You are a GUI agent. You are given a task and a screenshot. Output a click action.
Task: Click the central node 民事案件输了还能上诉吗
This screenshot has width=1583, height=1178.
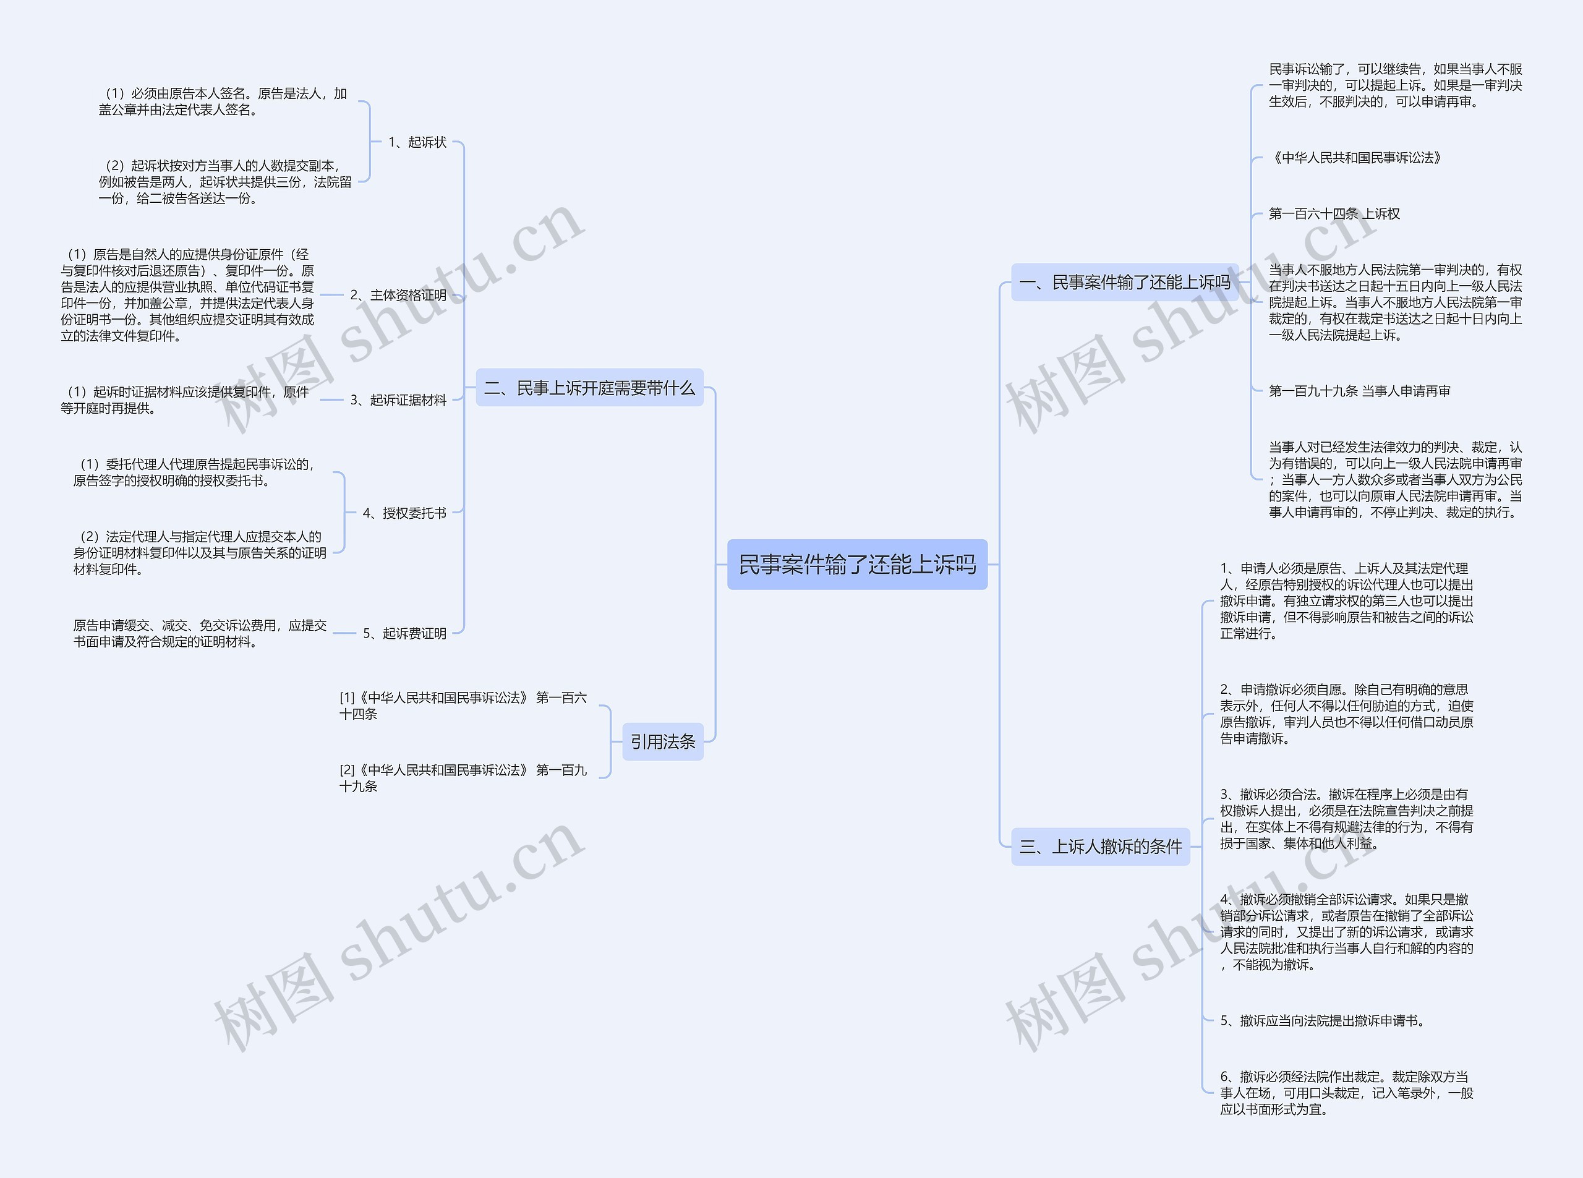coord(856,565)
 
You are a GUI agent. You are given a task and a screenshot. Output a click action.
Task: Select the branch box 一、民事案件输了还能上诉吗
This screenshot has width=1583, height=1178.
coord(1125,283)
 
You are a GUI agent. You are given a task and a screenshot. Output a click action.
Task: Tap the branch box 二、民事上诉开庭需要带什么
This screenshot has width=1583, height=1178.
coord(589,388)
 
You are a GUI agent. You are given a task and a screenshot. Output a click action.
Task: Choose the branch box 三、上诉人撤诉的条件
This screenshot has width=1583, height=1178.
coord(1100,847)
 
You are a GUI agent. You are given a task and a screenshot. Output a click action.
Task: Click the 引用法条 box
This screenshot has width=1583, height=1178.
coord(662,741)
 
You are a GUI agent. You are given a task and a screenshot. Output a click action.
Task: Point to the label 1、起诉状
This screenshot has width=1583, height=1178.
coord(417,142)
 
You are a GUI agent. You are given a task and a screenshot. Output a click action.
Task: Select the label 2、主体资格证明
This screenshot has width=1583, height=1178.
coord(398,294)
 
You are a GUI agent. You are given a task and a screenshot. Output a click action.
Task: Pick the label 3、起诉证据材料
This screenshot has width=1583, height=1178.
coord(398,400)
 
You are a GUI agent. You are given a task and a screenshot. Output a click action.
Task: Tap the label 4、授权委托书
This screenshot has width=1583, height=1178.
coord(404,513)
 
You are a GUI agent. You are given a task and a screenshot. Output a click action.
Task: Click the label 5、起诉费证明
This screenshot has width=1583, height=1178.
coord(404,633)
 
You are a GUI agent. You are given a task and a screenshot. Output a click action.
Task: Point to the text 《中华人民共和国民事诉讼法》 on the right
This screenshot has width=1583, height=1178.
coord(1355,158)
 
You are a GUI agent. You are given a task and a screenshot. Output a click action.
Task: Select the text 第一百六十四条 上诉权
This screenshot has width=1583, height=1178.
coord(1333,214)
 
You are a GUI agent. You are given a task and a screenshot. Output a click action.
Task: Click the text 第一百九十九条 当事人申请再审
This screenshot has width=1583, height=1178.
coord(1359,391)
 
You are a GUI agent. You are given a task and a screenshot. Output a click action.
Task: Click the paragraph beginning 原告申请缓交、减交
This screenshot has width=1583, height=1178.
coord(200,633)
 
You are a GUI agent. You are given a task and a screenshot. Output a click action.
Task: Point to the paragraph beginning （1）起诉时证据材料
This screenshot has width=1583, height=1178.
coord(185,400)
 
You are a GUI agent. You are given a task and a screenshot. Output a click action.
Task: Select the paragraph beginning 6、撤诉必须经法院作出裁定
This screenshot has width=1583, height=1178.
coord(1346,1093)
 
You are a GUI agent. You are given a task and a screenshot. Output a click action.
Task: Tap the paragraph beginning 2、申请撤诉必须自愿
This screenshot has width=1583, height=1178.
coord(1346,714)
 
